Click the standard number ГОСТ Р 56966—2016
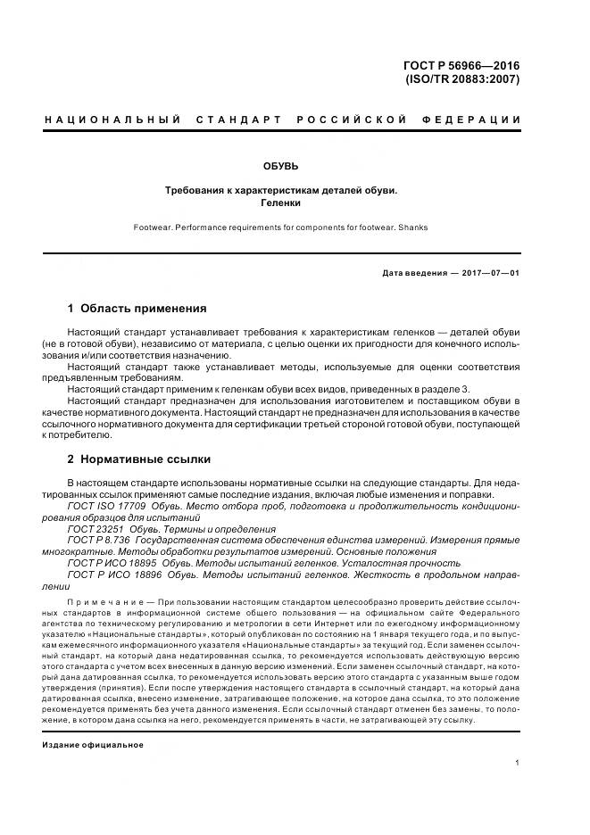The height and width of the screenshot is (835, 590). tap(461, 65)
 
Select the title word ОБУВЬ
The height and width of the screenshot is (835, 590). tap(280, 166)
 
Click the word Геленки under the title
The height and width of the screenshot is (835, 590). tap(280, 203)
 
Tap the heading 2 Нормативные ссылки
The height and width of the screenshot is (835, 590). tap(139, 459)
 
